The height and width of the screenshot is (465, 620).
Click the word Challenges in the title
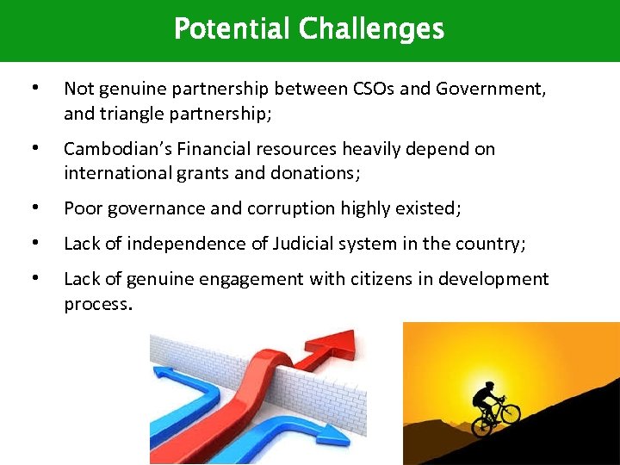[x=371, y=29]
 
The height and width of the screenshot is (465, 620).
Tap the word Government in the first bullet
[x=493, y=89]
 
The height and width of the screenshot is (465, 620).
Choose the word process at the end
[x=97, y=303]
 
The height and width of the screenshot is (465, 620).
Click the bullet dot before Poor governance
[x=34, y=208]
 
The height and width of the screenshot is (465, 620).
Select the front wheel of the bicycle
[x=510, y=413]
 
